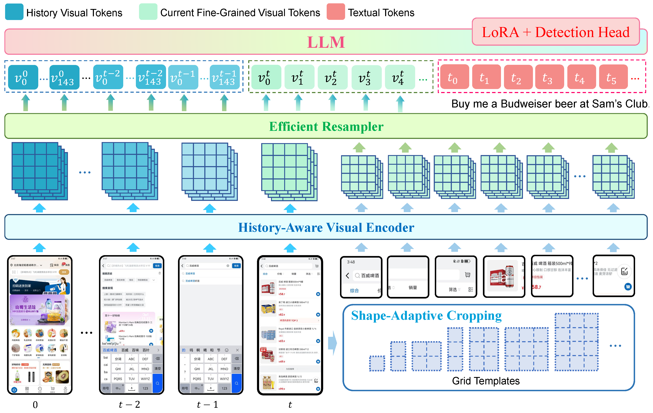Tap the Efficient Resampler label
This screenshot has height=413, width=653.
point(326,126)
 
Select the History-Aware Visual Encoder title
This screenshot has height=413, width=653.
point(326,227)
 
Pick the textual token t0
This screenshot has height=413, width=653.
point(454,77)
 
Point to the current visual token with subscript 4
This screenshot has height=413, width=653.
point(400,77)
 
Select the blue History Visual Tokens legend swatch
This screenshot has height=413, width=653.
point(14,12)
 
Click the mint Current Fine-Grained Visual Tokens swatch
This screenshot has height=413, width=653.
point(148,12)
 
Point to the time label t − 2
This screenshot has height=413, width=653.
point(129,405)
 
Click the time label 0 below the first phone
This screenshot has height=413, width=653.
point(35,405)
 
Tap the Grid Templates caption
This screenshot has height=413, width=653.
point(485,381)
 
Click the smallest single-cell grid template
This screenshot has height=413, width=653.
point(377,363)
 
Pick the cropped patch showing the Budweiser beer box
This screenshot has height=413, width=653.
point(504,276)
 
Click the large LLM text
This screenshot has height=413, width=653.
point(326,42)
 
